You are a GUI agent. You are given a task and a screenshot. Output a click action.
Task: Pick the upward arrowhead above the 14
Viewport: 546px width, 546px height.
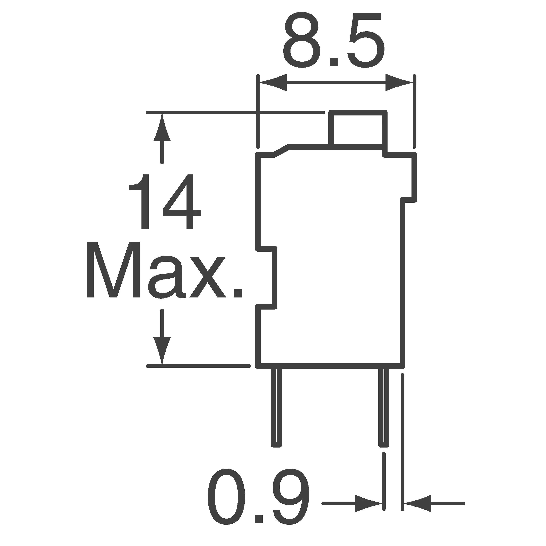tap(162, 127)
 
